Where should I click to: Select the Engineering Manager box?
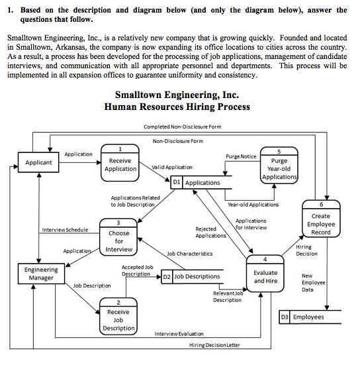click(x=41, y=274)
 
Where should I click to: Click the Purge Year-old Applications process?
click(x=279, y=166)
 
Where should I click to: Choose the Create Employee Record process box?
click(x=321, y=222)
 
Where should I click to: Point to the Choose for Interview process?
click(x=118, y=238)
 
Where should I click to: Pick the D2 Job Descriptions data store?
click(x=192, y=276)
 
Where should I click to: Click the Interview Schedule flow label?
click(x=65, y=230)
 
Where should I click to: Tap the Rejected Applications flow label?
click(x=210, y=232)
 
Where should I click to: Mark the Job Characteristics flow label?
click(x=190, y=254)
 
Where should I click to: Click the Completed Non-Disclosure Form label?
click(x=182, y=127)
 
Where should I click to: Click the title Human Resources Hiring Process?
click(x=177, y=107)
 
